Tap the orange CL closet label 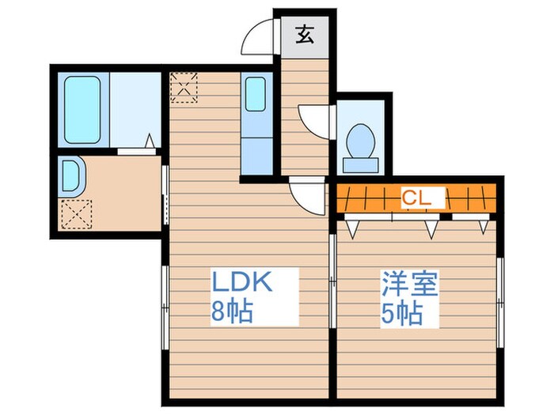tap(415, 198)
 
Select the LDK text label tap(241, 283)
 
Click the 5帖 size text tap(401, 312)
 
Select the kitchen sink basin tap(256, 94)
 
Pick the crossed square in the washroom tap(76, 211)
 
